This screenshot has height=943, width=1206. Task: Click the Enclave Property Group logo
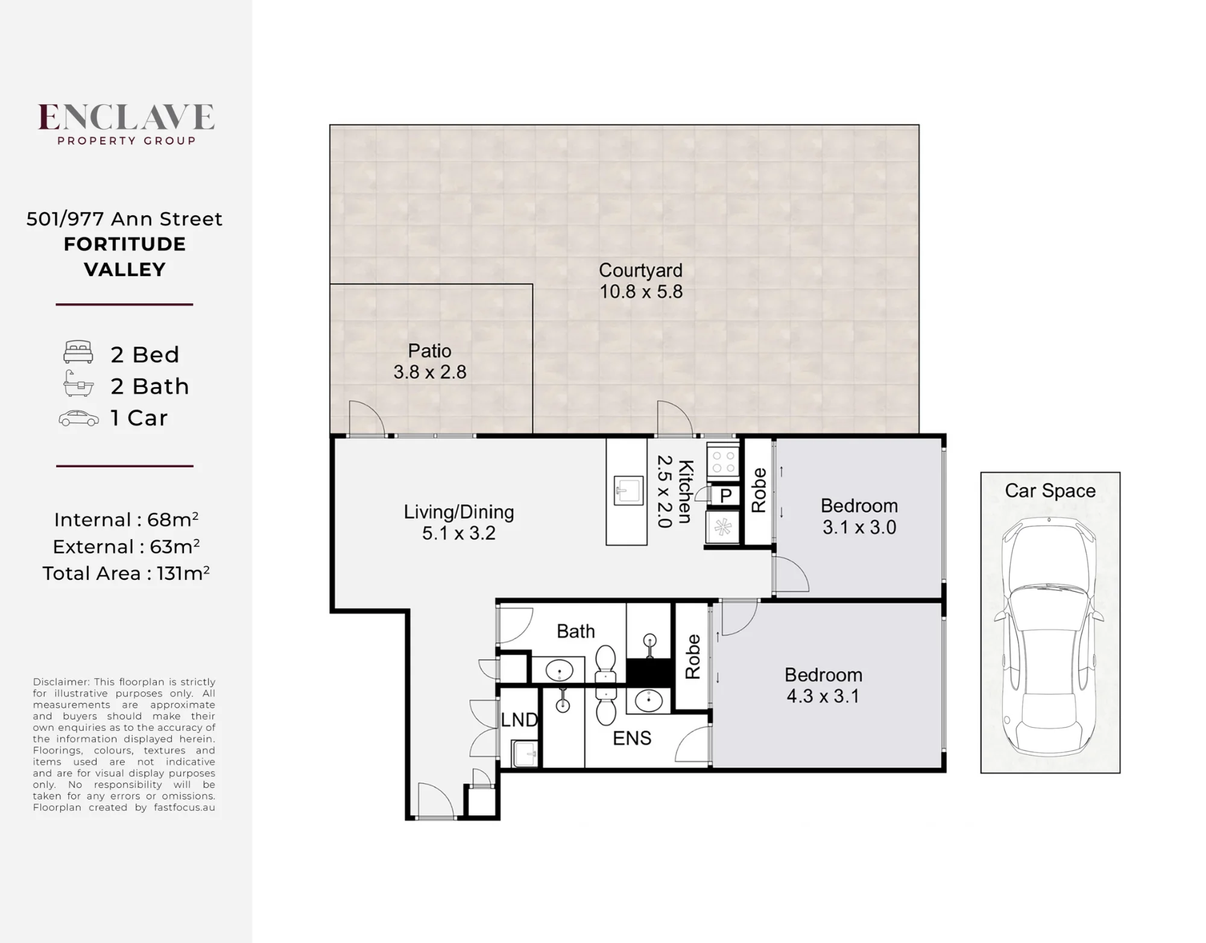[126, 124]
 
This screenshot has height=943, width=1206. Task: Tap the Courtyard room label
[640, 270]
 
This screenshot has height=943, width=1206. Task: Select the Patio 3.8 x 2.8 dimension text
[430, 372]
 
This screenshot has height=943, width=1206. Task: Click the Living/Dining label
[459, 512]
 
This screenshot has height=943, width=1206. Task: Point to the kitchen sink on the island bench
[628, 490]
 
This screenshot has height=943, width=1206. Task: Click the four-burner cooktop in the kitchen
[723, 461]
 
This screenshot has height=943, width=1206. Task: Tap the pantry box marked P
[725, 496]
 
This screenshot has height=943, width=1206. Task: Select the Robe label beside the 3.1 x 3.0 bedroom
[759, 490]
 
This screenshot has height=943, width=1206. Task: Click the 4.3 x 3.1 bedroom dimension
[822, 696]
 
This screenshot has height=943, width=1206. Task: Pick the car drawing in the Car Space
[1049, 636]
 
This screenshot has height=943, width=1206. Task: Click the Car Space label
[1050, 491]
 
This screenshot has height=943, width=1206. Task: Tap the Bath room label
[576, 631]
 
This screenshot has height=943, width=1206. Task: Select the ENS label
[632, 738]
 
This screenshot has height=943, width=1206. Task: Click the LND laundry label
[519, 719]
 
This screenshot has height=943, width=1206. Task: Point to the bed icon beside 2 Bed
[78, 352]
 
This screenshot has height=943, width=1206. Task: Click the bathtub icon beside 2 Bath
[78, 383]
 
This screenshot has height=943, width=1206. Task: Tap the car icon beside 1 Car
[78, 418]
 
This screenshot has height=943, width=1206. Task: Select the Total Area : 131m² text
[125, 573]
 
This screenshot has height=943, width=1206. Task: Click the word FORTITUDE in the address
[125, 244]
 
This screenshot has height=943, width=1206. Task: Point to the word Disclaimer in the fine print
[60, 682]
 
